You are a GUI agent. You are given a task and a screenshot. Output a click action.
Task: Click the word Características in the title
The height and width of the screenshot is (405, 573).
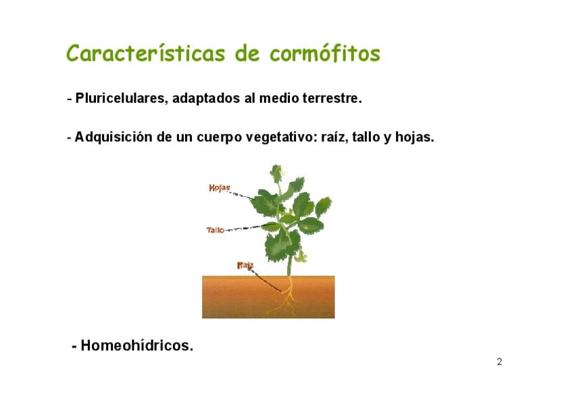pyautogui.click(x=145, y=53)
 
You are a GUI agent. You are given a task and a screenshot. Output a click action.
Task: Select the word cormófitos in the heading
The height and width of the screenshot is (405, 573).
pyautogui.click(x=325, y=53)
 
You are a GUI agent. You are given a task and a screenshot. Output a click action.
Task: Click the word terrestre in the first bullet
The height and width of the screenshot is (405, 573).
pyautogui.click(x=332, y=98)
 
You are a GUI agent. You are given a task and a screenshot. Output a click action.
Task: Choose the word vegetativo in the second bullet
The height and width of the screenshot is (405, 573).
pyautogui.click(x=280, y=137)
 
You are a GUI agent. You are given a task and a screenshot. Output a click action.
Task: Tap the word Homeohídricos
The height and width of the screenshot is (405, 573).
pyautogui.click(x=136, y=346)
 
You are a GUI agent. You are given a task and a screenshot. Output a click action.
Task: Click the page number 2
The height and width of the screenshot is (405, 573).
pyautogui.click(x=499, y=362)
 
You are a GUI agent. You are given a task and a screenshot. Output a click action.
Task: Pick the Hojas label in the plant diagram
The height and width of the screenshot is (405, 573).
pyautogui.click(x=220, y=188)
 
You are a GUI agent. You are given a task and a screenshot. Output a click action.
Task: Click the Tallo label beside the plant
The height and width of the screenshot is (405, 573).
pyautogui.click(x=216, y=230)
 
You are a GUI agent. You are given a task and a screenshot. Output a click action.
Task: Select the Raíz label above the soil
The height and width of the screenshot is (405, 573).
pyautogui.click(x=245, y=265)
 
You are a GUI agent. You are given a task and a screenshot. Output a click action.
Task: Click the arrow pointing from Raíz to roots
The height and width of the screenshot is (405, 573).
pyautogui.click(x=265, y=280)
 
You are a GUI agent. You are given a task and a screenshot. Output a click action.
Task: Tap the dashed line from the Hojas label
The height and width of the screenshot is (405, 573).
pyautogui.click(x=241, y=195)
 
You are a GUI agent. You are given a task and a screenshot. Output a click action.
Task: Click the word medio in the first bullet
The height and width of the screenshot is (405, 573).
pyautogui.click(x=279, y=98)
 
